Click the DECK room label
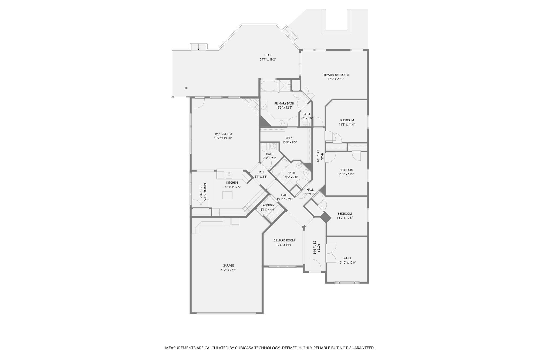click(x=268, y=55)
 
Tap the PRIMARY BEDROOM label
click(x=336, y=75)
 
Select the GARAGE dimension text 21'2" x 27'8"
click(x=228, y=270)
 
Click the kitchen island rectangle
click(x=227, y=195)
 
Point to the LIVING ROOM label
click(x=223, y=134)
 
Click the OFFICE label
click(x=347, y=258)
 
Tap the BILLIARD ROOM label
click(x=284, y=240)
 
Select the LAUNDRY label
click(x=268, y=205)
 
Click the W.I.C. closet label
click(x=289, y=138)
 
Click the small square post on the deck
click(x=186, y=88)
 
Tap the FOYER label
click(x=319, y=248)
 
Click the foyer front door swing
click(x=315, y=265)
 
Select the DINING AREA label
click(x=205, y=192)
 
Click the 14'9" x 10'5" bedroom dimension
click(x=345, y=218)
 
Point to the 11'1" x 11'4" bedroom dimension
click(x=347, y=125)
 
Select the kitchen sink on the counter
click(x=229, y=175)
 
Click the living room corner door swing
click(x=199, y=103)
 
